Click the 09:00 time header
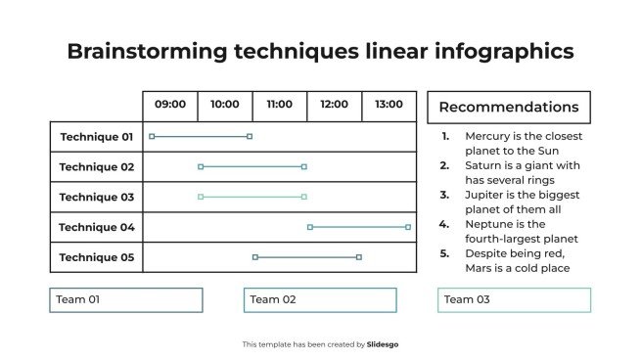170,105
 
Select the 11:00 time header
280,105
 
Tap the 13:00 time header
389,105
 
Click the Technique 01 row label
96,137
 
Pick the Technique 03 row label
96,197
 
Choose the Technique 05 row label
96,257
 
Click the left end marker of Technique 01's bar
152,137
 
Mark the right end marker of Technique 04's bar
408,227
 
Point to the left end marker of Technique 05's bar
255,257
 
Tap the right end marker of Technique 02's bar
304,167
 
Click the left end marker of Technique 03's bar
201,197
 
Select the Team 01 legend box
126,299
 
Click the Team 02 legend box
320,299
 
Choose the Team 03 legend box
514,299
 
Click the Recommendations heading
508,108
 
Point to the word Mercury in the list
486,137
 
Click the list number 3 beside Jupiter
444,195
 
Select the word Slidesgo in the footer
383,344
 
